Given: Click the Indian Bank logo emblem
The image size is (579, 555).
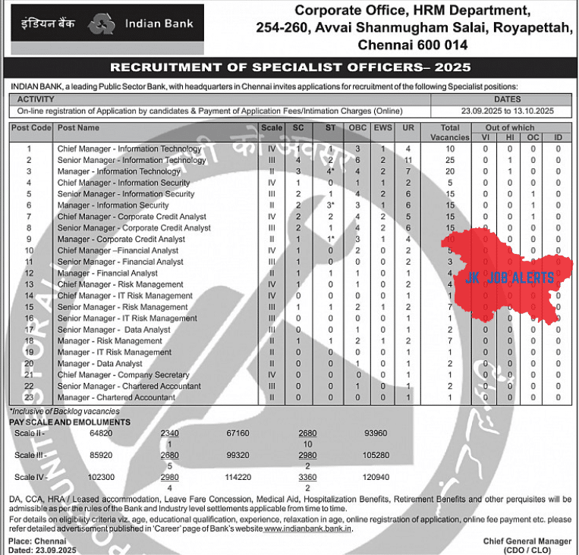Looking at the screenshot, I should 102,24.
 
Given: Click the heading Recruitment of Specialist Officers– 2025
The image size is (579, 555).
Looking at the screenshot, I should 290,67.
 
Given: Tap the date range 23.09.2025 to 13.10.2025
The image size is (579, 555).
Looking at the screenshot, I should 507,111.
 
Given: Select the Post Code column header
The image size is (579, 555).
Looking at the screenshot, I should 31,128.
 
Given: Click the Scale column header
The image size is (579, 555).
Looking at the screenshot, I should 271,128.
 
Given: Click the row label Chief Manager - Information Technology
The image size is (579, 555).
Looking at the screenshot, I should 129,149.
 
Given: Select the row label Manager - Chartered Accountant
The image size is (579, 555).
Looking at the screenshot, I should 116,397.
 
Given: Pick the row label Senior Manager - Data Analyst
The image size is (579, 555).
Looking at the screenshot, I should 114,330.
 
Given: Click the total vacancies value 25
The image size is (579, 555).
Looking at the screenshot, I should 450,160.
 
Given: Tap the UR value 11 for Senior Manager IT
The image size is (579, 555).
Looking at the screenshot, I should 408,160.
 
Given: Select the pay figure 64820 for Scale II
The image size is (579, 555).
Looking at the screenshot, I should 79,433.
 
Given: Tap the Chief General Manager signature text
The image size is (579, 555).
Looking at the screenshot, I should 527,541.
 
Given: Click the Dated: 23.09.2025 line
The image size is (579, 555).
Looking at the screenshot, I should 37,550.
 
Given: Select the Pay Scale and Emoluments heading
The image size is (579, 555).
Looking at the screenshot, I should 70,422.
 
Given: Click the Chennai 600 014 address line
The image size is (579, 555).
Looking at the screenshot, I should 422,45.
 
